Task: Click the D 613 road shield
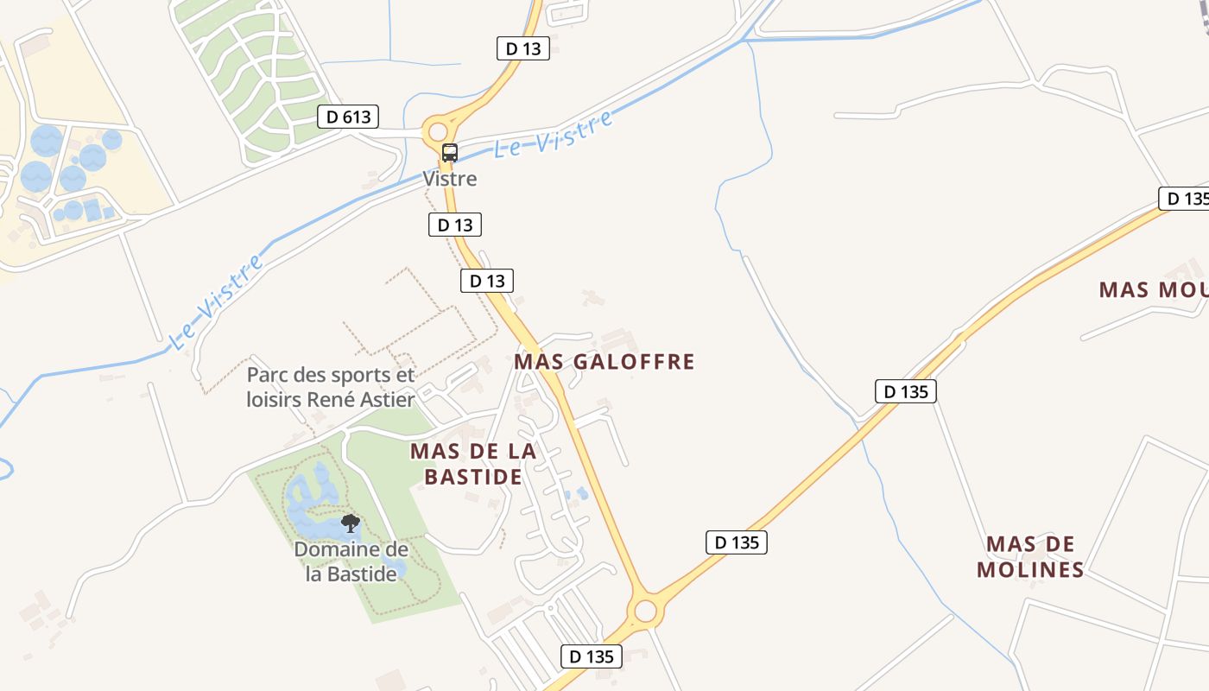click(x=348, y=117)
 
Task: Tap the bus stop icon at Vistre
click(x=450, y=153)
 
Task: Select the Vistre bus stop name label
click(x=450, y=179)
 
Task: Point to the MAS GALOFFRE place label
click(x=604, y=361)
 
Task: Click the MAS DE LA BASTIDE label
click(x=473, y=464)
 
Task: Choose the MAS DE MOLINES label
click(x=1031, y=557)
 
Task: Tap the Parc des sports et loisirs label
click(x=331, y=387)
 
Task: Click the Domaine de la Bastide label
click(x=351, y=561)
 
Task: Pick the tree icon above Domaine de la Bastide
click(x=351, y=523)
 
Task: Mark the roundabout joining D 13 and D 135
click(x=645, y=611)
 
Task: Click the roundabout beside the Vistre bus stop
click(x=438, y=131)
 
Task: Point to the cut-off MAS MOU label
click(x=1153, y=289)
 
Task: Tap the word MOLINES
click(x=1031, y=570)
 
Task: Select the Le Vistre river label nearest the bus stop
click(x=553, y=135)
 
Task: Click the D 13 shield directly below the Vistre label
click(x=455, y=225)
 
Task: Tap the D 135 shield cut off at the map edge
click(x=1184, y=199)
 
